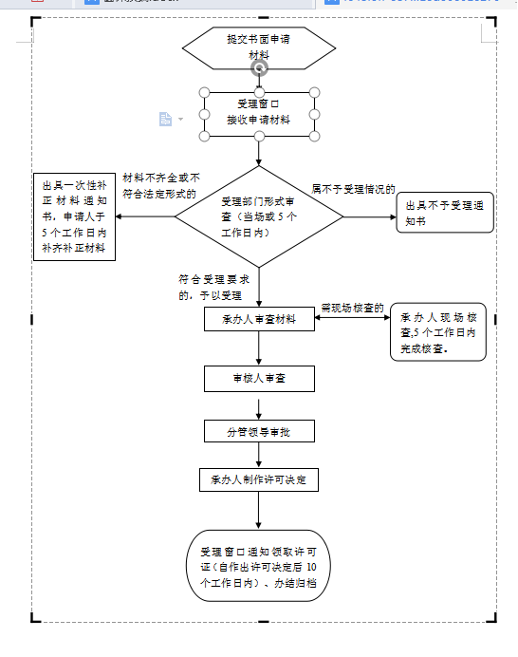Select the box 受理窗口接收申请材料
(258, 113)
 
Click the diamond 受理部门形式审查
(258, 216)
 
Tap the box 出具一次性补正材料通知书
(74, 216)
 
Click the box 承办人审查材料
(258, 319)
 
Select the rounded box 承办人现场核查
(437, 332)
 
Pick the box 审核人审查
(258, 378)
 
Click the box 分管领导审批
(258, 431)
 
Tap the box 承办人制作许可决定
(258, 479)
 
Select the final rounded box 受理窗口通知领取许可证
(258, 566)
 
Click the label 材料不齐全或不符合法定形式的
(160, 185)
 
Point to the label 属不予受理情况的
(353, 189)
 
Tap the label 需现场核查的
(352, 308)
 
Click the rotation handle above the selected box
(259, 68)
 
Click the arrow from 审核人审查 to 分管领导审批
(258, 404)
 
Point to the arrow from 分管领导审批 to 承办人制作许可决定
(258, 455)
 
